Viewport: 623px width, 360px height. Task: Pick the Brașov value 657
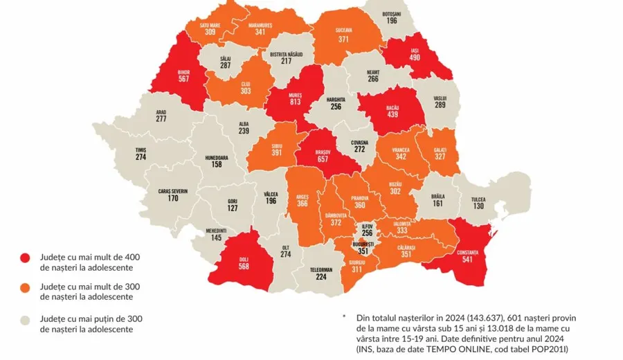point(326,158)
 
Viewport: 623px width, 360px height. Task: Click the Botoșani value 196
point(392,21)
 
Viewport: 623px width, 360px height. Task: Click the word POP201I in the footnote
point(548,350)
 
